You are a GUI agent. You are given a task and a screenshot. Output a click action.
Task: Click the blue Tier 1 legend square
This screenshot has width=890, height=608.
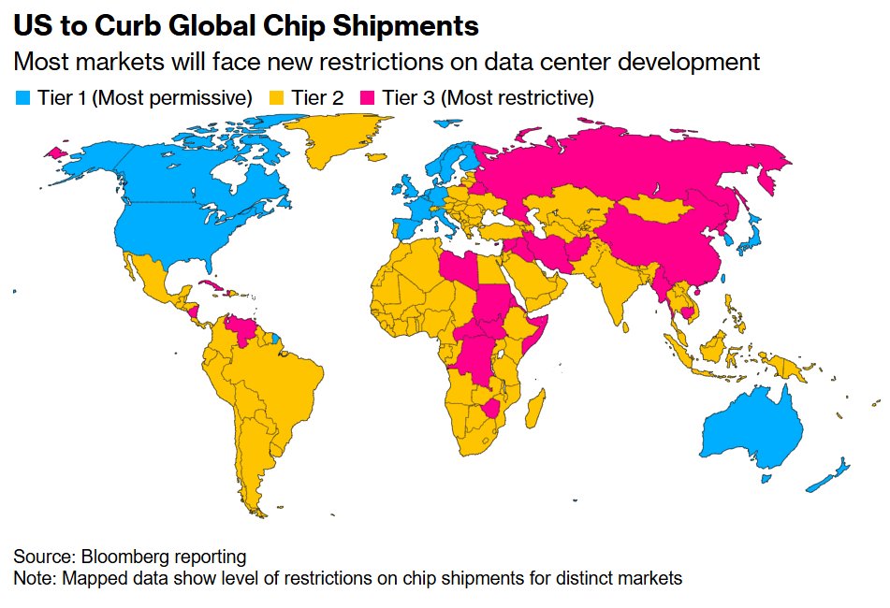click(23, 97)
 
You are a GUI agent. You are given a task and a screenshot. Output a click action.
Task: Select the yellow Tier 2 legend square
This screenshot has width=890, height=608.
click(274, 97)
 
